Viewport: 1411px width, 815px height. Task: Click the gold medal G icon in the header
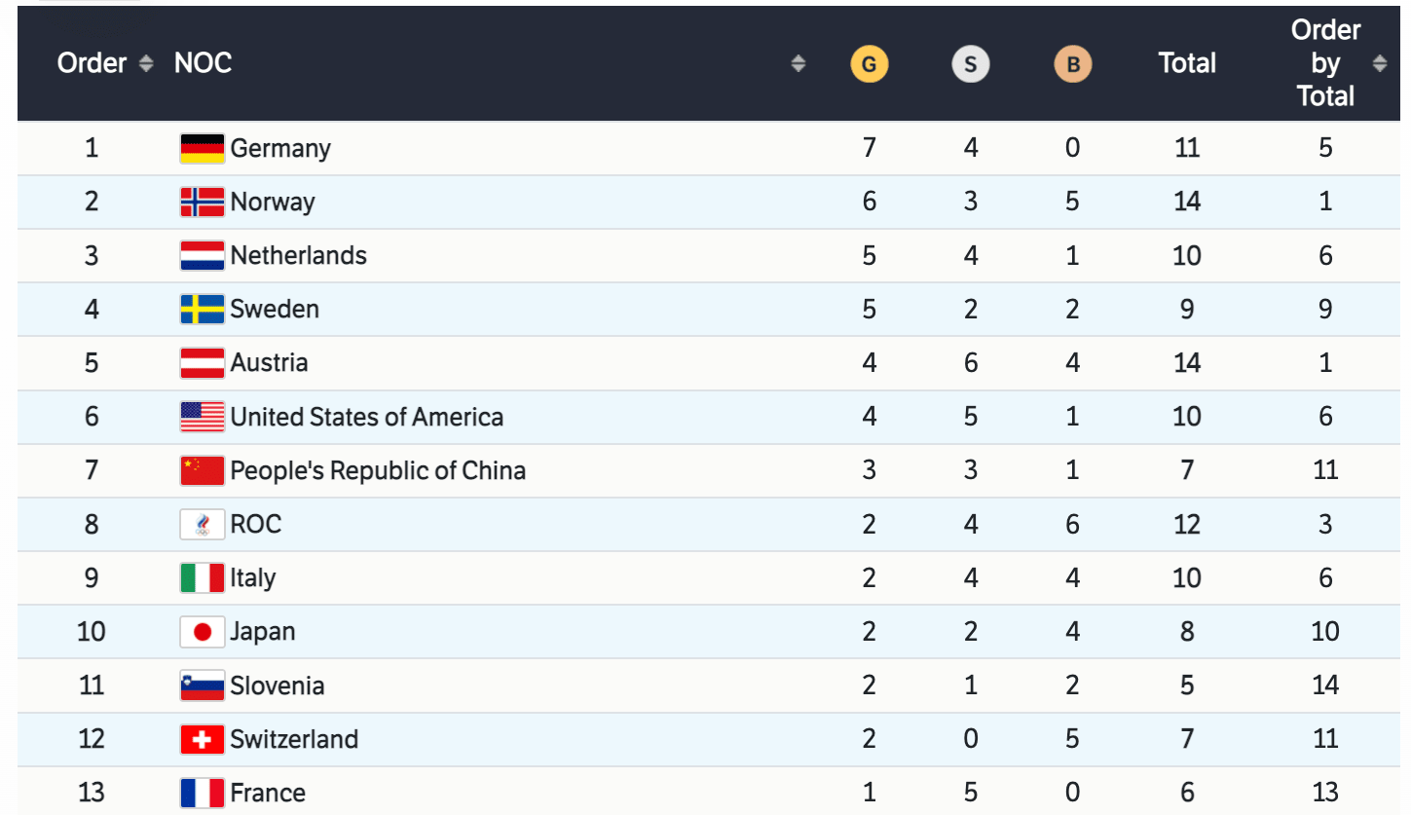click(869, 64)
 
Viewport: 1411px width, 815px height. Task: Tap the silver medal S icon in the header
click(970, 64)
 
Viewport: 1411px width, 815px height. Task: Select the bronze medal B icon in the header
click(1072, 64)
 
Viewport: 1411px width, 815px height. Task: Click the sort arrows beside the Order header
click(146, 64)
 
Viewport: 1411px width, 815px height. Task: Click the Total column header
click(1187, 64)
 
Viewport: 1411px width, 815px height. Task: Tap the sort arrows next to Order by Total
click(1379, 64)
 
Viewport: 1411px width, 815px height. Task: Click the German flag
click(203, 148)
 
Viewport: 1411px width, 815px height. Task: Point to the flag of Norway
click(203, 202)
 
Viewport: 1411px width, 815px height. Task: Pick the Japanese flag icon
click(203, 632)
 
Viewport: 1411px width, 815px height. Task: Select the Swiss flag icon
click(203, 739)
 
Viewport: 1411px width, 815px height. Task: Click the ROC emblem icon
click(203, 525)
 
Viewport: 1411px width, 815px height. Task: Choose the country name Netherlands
click(298, 256)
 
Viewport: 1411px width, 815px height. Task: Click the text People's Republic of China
click(378, 471)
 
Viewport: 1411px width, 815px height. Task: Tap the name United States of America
click(367, 418)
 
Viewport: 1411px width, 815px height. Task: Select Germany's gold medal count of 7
click(869, 148)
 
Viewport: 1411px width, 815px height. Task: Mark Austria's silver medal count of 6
click(970, 363)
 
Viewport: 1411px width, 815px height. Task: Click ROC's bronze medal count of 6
click(1072, 525)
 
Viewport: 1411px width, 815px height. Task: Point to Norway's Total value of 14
click(1187, 202)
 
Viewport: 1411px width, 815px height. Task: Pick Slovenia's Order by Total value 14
click(1325, 685)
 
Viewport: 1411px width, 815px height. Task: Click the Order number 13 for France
click(91, 793)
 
